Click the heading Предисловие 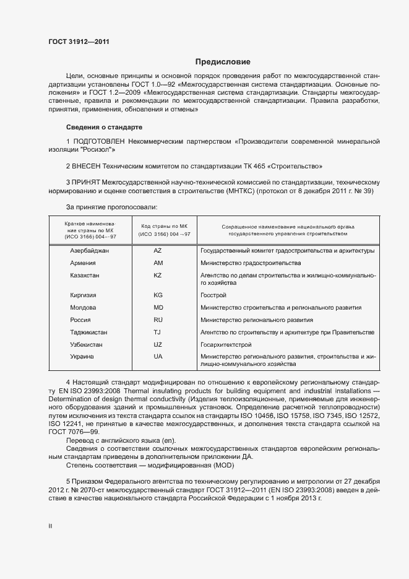point(223,62)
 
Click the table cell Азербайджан point(90,251)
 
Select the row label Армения point(83,263)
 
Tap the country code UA point(158,357)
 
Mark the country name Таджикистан point(89,332)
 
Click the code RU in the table point(158,320)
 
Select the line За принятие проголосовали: point(111,207)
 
